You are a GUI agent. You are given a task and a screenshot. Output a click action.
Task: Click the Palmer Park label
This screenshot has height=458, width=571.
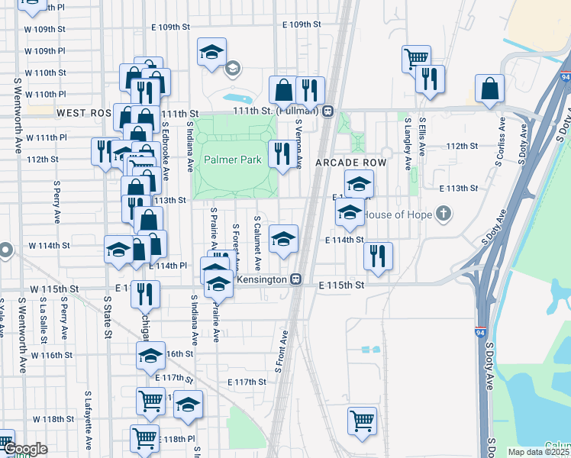(x=233, y=160)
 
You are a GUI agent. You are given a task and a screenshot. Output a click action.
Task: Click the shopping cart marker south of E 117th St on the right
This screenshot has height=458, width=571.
(x=362, y=419)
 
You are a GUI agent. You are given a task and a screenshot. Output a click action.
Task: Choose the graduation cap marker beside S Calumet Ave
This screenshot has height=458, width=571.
(x=283, y=240)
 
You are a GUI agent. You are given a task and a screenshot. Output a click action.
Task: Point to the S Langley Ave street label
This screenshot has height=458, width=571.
(x=407, y=144)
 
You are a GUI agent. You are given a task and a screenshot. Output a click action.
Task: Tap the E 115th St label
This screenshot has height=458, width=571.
(x=341, y=285)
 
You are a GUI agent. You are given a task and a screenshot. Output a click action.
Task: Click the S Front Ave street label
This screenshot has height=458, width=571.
(x=279, y=352)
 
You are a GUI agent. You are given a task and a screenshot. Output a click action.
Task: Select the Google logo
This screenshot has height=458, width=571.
(x=25, y=450)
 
